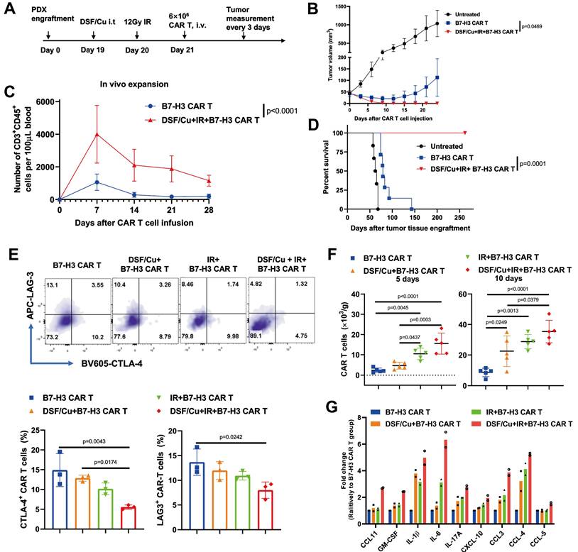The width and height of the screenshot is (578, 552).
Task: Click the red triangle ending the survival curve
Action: pyautogui.click(x=464, y=133)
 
